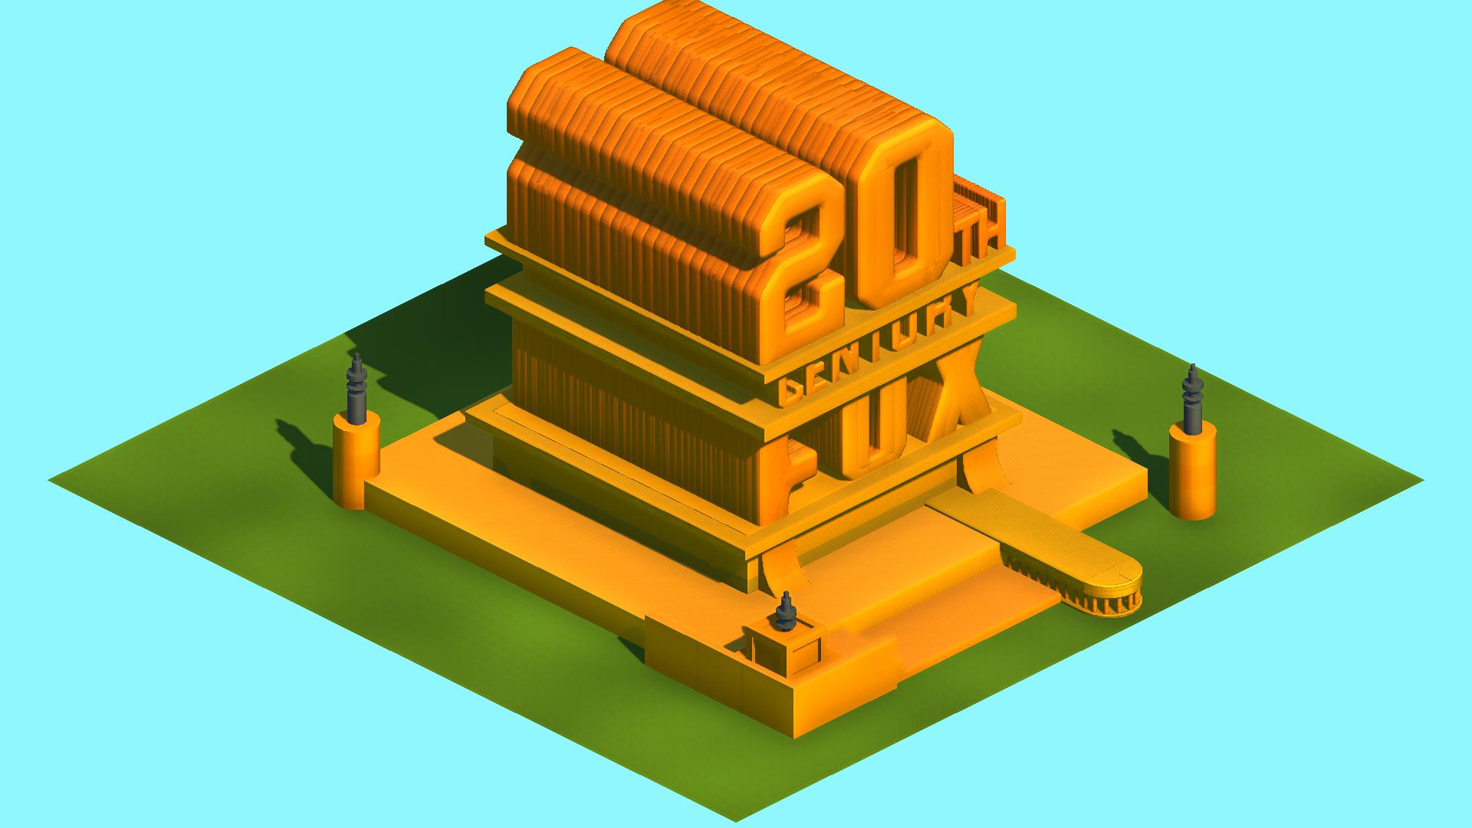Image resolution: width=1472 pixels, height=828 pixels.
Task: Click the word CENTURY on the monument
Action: coord(878,344)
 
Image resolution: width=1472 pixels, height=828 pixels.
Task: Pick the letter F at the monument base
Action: coord(782,480)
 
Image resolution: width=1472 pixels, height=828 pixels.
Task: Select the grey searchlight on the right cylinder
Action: coord(1192,399)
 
